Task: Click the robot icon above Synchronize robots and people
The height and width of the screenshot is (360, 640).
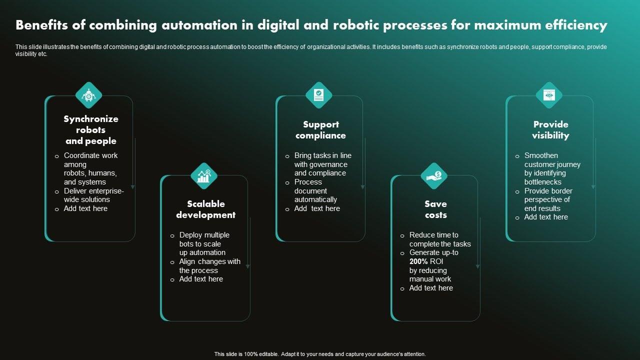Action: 88,95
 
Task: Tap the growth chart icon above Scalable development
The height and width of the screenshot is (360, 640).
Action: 204,175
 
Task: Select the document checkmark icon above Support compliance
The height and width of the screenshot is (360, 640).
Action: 319,95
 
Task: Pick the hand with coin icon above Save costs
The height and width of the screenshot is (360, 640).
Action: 434,175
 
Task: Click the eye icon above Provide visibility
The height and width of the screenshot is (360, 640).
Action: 549,95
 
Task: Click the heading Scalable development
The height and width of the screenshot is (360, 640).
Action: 205,209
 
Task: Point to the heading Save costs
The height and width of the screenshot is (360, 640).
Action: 435,209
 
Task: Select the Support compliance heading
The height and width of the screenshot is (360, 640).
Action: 320,130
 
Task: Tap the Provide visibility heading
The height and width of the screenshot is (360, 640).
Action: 550,130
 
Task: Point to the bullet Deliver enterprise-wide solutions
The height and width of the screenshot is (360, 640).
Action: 93,195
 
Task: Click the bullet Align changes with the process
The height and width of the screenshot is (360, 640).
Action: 209,266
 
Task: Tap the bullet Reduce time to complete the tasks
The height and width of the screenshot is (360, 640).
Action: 439,239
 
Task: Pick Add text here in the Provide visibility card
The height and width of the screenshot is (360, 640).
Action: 546,217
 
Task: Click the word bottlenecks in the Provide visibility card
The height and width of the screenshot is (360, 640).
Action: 543,182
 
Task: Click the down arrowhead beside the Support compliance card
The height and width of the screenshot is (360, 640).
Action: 363,187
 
